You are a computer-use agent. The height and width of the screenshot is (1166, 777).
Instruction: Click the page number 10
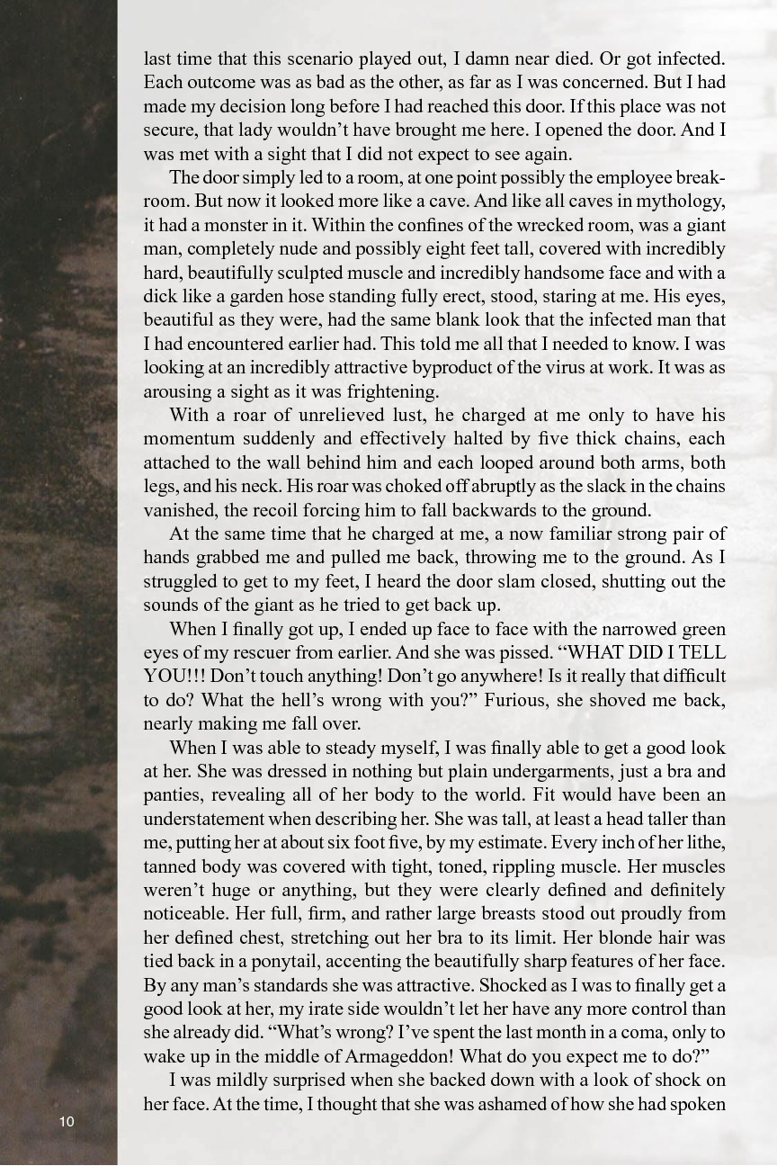(67, 1121)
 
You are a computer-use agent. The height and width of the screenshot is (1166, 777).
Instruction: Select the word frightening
(391, 391)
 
